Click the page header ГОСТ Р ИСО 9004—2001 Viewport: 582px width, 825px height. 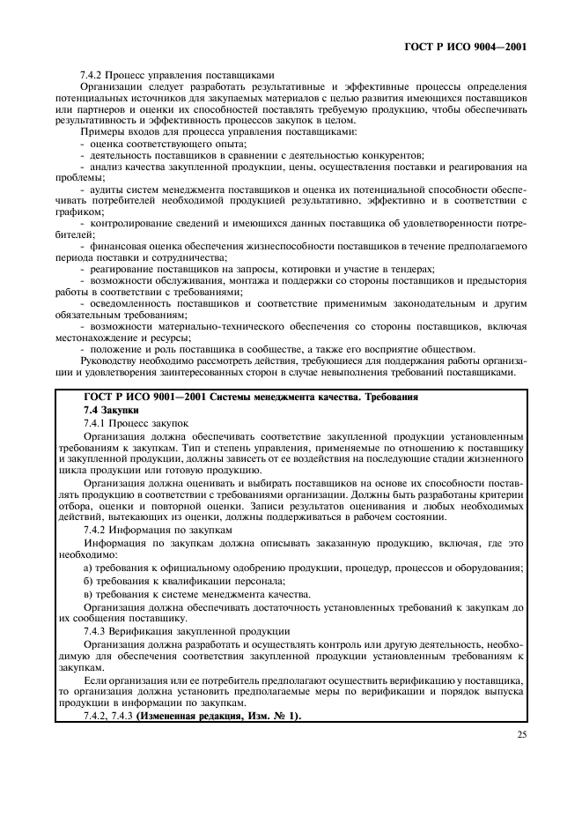(476, 46)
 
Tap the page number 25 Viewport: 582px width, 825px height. (520, 731)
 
